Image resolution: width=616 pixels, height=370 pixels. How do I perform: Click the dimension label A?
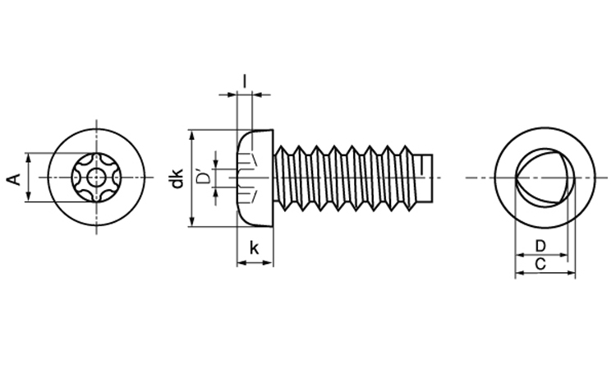click(14, 178)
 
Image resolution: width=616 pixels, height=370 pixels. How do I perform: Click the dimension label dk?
click(177, 178)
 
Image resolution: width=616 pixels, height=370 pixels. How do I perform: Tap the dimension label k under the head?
click(255, 247)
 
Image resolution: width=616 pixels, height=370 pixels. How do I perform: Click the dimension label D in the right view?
click(540, 246)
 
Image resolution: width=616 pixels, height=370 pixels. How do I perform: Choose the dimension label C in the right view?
click(540, 264)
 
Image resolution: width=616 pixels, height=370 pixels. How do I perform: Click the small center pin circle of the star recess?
click(97, 177)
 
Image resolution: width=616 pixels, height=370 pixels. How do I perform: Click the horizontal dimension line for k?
click(255, 263)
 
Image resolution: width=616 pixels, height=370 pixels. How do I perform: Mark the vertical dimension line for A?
click(27, 177)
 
